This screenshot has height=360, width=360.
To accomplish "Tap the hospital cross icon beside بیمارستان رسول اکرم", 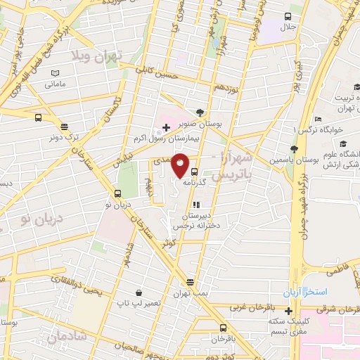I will coord(166,127).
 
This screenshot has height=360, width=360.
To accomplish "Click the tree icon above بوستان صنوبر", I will coord(201,112).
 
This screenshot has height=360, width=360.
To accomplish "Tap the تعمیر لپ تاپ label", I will coord(137,303).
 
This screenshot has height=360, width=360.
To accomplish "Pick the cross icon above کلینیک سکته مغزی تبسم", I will coord(289,311).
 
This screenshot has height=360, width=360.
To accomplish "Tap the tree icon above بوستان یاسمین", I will coord(293,150).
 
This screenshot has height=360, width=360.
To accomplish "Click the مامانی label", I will coord(56,84).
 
